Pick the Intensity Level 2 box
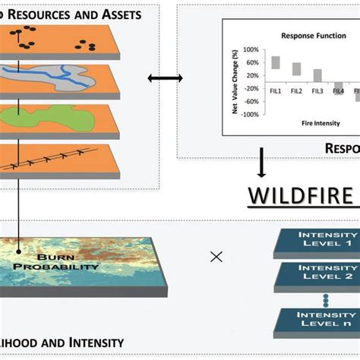coord(319,294)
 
